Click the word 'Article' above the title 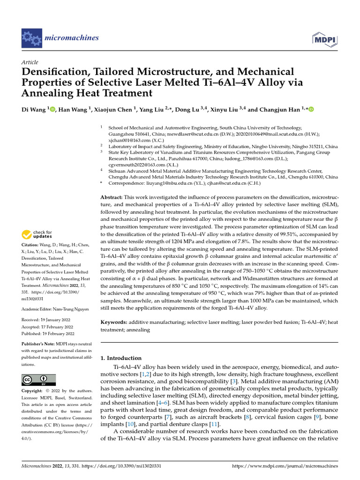(x=30, y=62)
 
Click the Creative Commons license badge (x=38, y=380)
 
